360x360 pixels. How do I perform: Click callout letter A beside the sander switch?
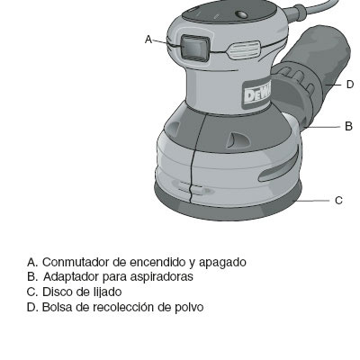click(148, 40)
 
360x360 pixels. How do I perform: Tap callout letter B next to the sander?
click(348, 126)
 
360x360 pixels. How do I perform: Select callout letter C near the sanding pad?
click(338, 200)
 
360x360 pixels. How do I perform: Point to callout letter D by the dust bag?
click(350, 85)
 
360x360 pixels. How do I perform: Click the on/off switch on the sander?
click(194, 48)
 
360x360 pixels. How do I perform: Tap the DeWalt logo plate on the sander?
click(256, 95)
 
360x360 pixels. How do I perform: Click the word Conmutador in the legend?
click(76, 262)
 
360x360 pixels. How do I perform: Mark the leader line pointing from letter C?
click(312, 201)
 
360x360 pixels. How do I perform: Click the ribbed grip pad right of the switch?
click(244, 50)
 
